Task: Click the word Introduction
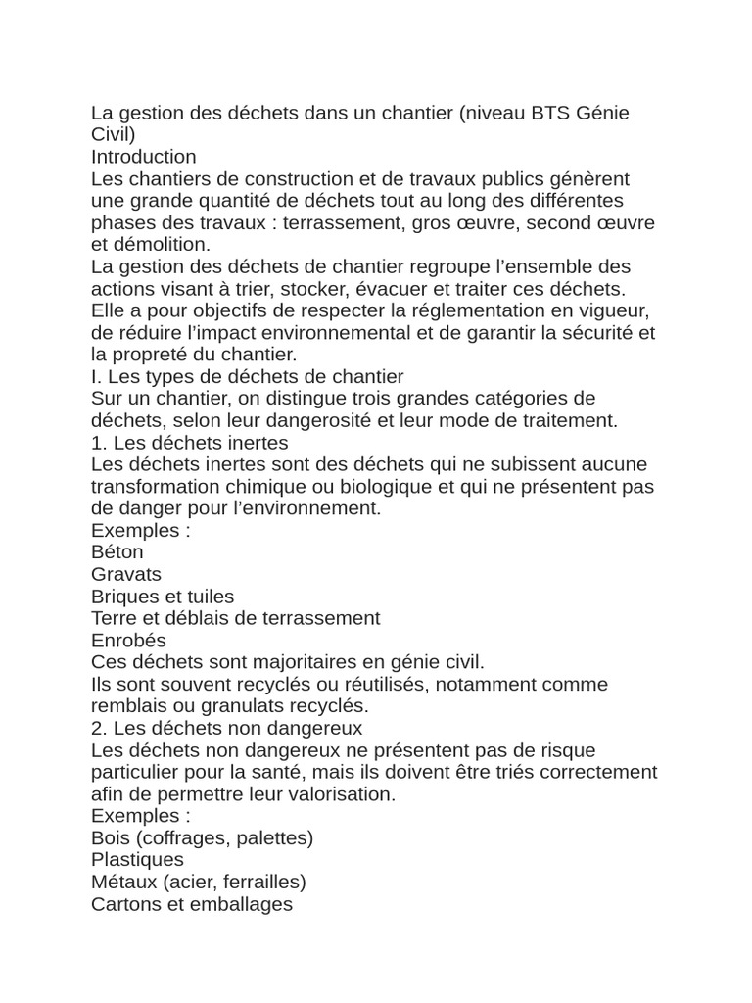tap(143, 157)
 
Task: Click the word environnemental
tap(349, 333)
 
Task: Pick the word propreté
tap(163, 355)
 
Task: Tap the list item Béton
tap(117, 552)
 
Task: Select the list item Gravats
tap(126, 574)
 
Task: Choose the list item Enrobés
tap(128, 641)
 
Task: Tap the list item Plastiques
tap(137, 860)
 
